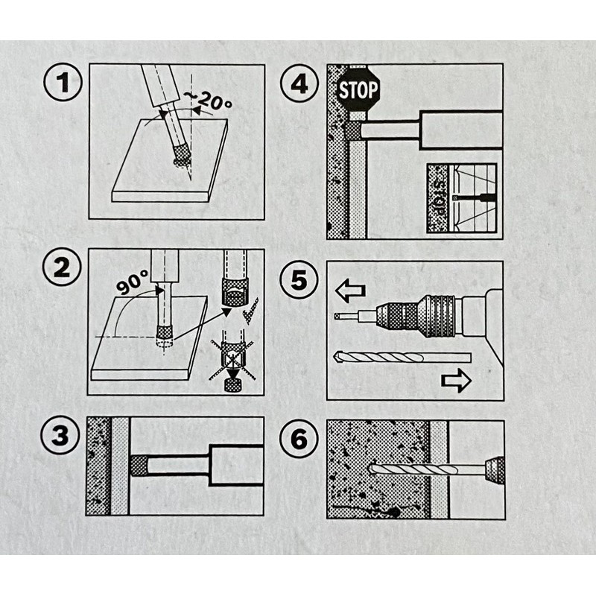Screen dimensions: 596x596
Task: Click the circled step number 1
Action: (x=63, y=82)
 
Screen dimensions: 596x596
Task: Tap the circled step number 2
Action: (x=62, y=267)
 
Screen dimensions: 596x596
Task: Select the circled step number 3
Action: (x=60, y=435)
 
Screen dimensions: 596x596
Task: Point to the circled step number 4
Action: (x=299, y=83)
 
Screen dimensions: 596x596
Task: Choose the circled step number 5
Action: (x=299, y=280)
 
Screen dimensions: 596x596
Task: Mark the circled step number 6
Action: (x=299, y=439)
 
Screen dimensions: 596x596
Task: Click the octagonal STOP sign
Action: (x=358, y=90)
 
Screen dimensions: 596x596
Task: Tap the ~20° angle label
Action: (x=207, y=101)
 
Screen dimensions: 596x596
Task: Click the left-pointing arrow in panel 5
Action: (x=350, y=291)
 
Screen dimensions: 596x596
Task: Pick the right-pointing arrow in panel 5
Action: (x=456, y=380)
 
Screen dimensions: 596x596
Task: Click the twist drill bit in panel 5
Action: (x=402, y=358)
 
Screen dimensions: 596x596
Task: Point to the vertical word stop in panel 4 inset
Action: (x=440, y=197)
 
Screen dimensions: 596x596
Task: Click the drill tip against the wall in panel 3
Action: (x=139, y=466)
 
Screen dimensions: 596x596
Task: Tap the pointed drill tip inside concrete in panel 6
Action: (x=375, y=469)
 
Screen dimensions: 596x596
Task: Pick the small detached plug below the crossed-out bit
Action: (x=233, y=386)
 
